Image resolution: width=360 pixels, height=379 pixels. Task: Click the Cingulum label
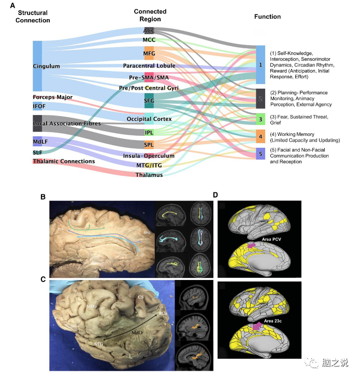pyautogui.click(x=46, y=66)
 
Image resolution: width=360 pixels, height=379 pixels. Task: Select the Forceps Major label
pyautogui.click(x=53, y=97)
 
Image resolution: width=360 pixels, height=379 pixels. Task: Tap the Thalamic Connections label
pyautogui.click(x=64, y=161)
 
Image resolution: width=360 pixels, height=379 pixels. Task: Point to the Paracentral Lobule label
pyautogui.click(x=149, y=66)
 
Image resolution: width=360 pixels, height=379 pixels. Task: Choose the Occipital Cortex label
pyautogui.click(x=149, y=119)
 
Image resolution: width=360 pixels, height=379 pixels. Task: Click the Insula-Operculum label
pyautogui.click(x=149, y=156)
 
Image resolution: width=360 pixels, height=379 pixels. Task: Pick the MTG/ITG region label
pyautogui.click(x=149, y=165)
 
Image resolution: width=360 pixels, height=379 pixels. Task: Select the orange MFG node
pyautogui.click(x=149, y=53)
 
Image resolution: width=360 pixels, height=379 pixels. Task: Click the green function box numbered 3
pyautogui.click(x=261, y=119)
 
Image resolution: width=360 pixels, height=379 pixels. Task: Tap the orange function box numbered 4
pyautogui.click(x=261, y=136)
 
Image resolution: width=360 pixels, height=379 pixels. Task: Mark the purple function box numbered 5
pyautogui.click(x=261, y=153)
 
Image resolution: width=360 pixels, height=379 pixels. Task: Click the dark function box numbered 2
pyautogui.click(x=261, y=98)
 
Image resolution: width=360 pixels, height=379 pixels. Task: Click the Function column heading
pyautogui.click(x=267, y=17)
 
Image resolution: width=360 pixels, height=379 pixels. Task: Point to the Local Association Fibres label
pyautogui.click(x=67, y=124)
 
